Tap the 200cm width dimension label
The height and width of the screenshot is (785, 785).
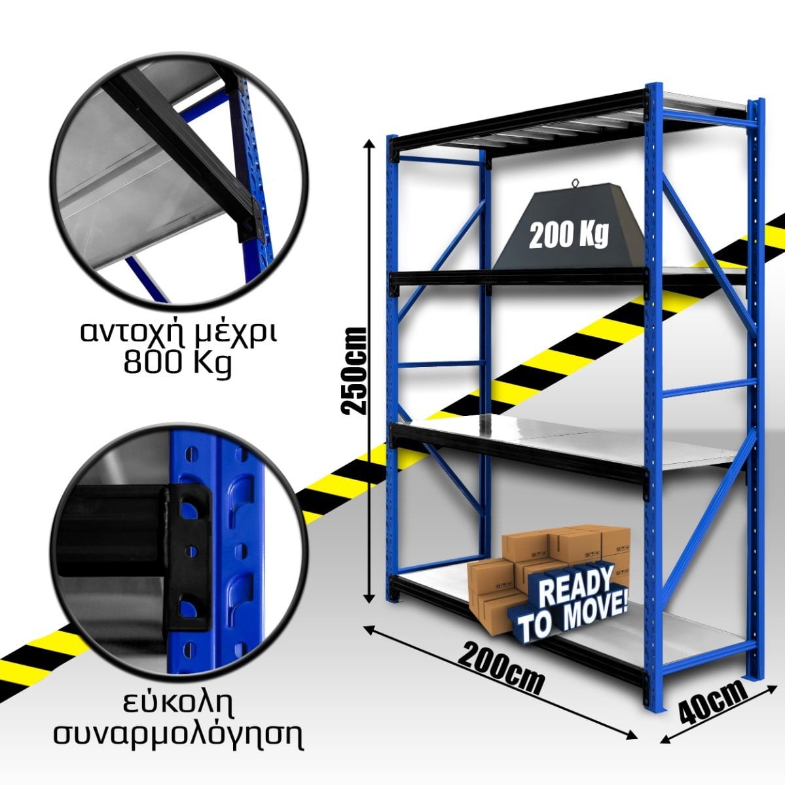coord(501,668)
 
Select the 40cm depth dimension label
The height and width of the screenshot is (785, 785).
coord(712,703)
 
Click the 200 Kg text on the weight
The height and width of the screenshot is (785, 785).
coord(568,234)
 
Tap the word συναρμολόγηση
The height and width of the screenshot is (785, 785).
coord(178,735)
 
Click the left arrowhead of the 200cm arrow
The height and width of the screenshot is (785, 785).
coord(368,628)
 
